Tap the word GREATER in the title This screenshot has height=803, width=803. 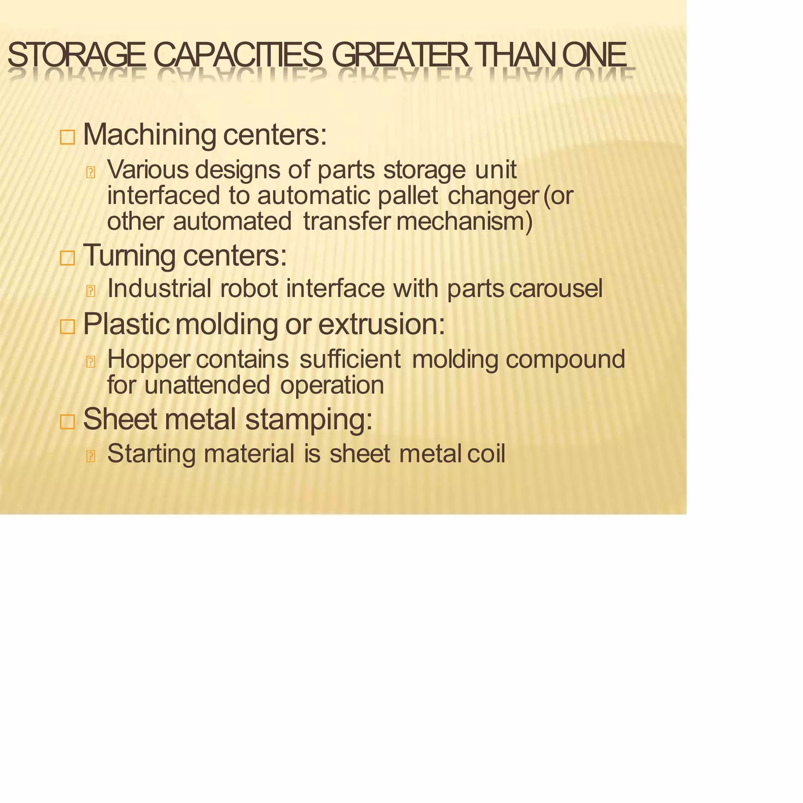(400, 55)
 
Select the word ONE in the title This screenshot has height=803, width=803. (594, 55)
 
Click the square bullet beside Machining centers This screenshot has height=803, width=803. (67, 137)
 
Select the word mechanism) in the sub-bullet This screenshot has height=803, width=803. (464, 221)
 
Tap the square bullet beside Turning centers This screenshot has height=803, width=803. (67, 258)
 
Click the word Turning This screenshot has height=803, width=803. (129, 256)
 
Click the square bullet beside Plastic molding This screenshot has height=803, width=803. (67, 327)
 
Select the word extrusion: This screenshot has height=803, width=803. (382, 324)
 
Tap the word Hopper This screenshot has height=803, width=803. (148, 360)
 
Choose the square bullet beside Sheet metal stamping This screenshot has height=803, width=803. (67, 421)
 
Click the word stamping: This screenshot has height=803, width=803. (309, 420)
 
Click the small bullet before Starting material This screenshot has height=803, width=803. (91, 456)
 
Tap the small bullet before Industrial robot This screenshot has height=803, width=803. (91, 291)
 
